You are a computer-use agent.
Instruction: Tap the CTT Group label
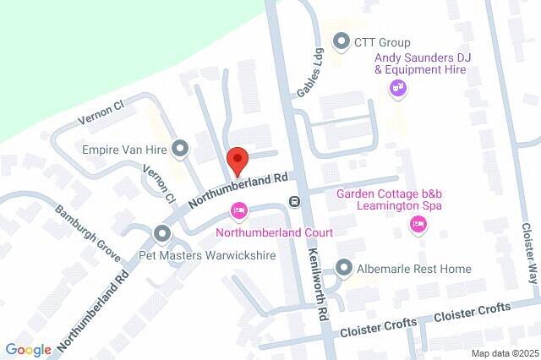pyautogui.click(x=382, y=42)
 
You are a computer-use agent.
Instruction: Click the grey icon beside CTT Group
pyautogui.click(x=342, y=41)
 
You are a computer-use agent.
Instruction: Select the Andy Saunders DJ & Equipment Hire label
pyautogui.click(x=423, y=63)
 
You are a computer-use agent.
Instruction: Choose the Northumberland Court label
pyautogui.click(x=274, y=232)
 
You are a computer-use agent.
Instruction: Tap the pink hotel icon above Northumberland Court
pyautogui.click(x=239, y=210)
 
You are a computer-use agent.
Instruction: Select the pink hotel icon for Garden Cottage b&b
pyautogui.click(x=418, y=224)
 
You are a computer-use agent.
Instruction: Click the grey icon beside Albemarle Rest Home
pyautogui.click(x=343, y=268)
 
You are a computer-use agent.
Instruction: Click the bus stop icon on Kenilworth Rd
pyautogui.click(x=294, y=201)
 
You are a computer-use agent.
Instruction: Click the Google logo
pyautogui.click(x=28, y=349)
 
